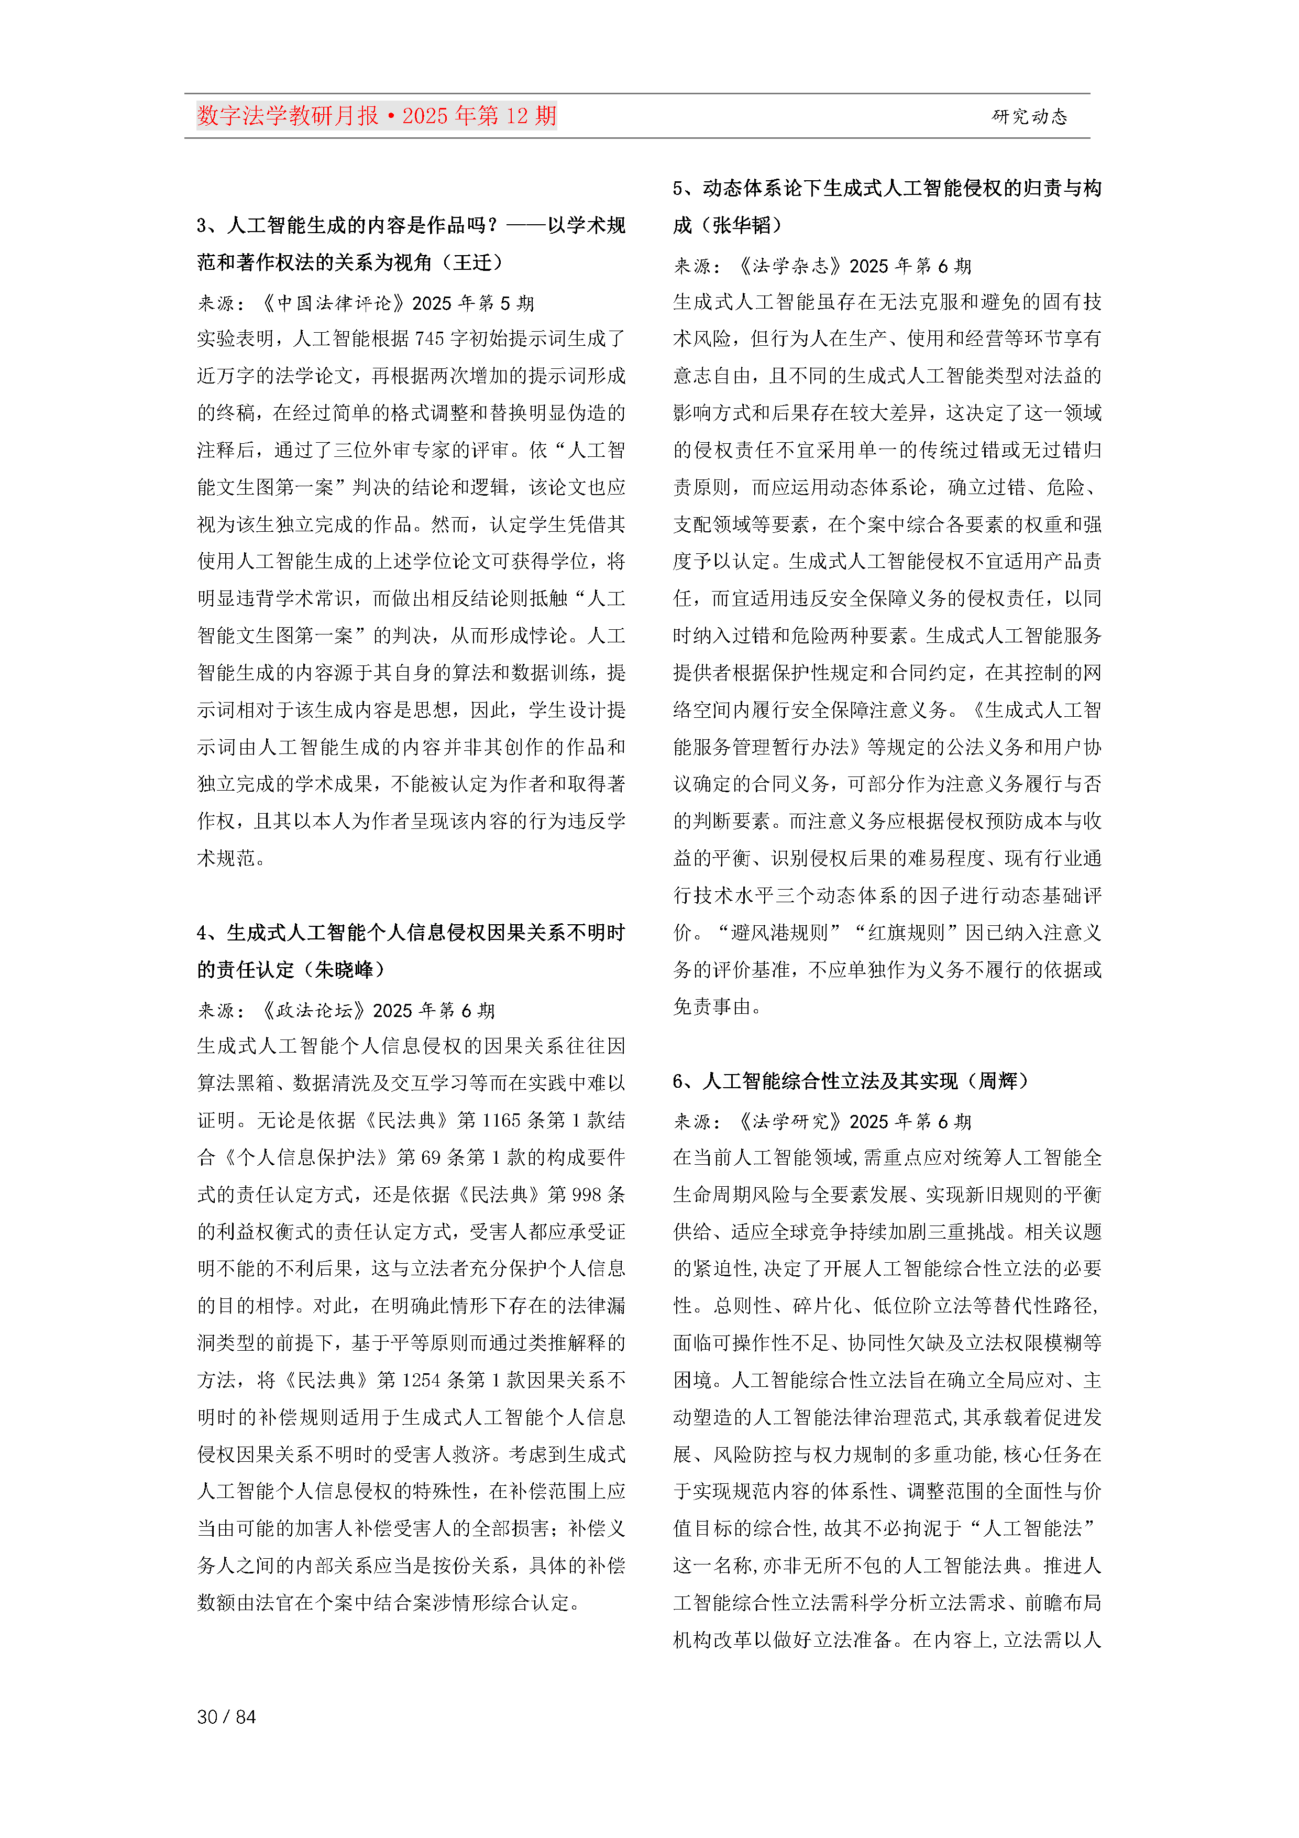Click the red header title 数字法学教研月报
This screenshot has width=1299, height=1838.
tap(288, 116)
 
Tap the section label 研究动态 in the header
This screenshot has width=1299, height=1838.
tap(1029, 117)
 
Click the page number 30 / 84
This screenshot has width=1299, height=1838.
tap(226, 1716)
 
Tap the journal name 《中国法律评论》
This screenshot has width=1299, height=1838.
tap(335, 303)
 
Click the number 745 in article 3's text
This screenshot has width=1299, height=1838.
tap(429, 338)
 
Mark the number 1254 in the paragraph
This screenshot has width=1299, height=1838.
tap(421, 1380)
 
